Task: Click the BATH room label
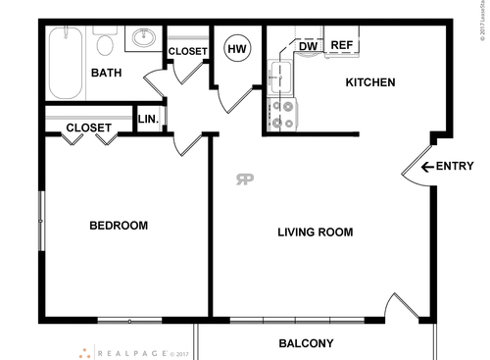tap(105, 74)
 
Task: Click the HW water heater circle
tap(236, 48)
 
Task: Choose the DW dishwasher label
tap(308, 46)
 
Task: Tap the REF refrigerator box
tap(341, 45)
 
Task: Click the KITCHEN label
tap(370, 82)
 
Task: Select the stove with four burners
tap(283, 115)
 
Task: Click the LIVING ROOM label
tap(315, 232)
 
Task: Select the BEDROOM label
tap(119, 226)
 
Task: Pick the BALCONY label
tap(306, 343)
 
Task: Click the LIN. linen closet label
tap(148, 120)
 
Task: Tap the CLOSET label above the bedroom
tap(88, 128)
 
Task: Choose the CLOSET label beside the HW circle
tap(187, 52)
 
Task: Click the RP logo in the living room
tap(244, 179)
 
